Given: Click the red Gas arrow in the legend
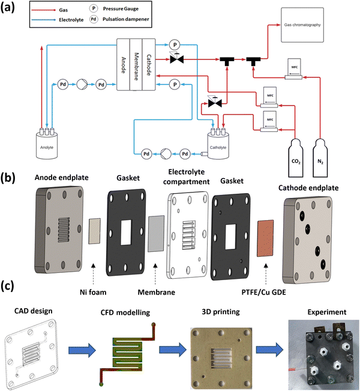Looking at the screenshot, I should click(32, 10).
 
